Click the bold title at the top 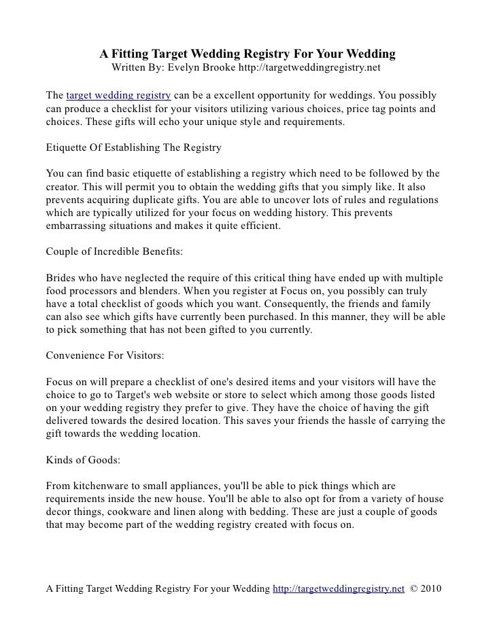pos(247,54)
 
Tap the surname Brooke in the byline pos(230,69)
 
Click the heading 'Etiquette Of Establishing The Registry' pos(133,147)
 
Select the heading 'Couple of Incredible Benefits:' pos(114,251)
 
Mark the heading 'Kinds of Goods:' pos(82,459)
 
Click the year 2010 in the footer pos(431,589)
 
